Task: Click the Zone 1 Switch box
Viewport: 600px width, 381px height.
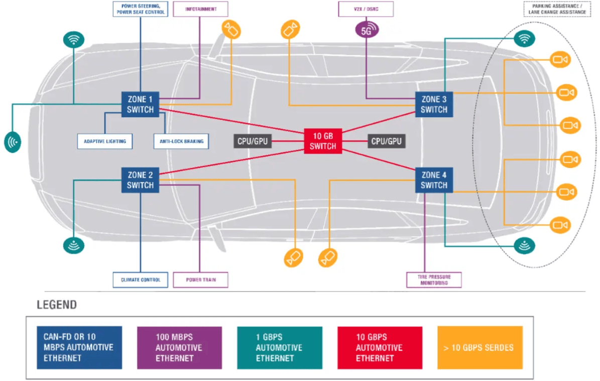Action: (x=140, y=105)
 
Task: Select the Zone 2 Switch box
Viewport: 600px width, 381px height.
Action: (x=140, y=180)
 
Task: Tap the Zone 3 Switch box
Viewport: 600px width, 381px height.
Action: (x=434, y=105)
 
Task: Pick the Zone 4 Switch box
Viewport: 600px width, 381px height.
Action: (x=434, y=180)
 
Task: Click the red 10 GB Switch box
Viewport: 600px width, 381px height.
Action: (x=323, y=141)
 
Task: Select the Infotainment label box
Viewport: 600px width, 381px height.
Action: (x=200, y=9)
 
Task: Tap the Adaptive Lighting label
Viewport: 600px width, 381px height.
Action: (x=105, y=141)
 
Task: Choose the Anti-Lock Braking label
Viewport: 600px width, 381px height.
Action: (x=181, y=141)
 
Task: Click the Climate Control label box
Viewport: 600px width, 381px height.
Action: (x=141, y=279)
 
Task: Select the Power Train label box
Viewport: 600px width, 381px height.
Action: (x=200, y=279)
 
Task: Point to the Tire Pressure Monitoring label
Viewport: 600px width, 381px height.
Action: (x=433, y=280)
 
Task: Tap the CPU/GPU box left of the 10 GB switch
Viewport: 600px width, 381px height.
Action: (x=253, y=141)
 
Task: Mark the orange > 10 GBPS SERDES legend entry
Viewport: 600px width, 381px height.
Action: (x=479, y=348)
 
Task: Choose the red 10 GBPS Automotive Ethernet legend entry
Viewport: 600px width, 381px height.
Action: (x=380, y=348)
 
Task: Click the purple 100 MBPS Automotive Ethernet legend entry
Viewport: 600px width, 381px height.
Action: (x=179, y=348)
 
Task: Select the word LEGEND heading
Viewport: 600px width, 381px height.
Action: (x=57, y=305)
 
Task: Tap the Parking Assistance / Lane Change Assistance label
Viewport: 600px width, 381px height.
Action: (x=557, y=10)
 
